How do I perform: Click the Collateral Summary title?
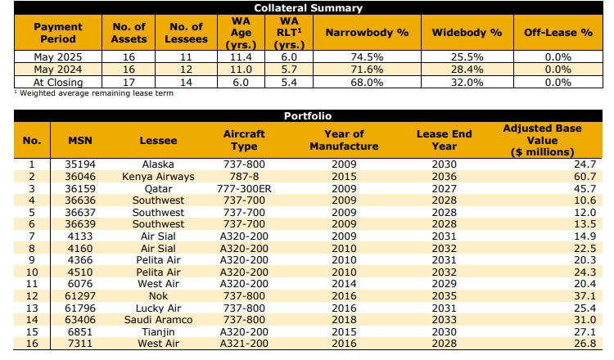tap(308, 8)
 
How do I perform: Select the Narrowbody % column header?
tap(367, 33)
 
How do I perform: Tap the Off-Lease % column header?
tap(558, 33)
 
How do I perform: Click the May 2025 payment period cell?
tap(58, 57)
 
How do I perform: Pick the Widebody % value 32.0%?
tap(467, 83)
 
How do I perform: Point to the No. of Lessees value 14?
tap(186, 83)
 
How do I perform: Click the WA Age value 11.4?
tap(241, 57)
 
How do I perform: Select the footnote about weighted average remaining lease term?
tap(94, 93)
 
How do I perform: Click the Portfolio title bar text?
tap(308, 116)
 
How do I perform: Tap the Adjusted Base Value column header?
tap(542, 140)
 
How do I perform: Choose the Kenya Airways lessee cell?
tap(158, 177)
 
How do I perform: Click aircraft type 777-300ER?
tap(244, 189)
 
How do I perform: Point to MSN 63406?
tap(80, 320)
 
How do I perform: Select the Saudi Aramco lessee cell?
tap(158, 320)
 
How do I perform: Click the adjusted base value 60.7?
tap(585, 177)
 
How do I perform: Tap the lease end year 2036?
tap(444, 177)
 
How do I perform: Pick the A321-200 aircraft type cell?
tap(244, 344)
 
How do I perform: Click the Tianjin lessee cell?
tap(158, 332)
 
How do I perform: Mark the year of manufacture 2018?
tap(344, 320)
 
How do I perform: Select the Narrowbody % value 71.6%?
tap(367, 70)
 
